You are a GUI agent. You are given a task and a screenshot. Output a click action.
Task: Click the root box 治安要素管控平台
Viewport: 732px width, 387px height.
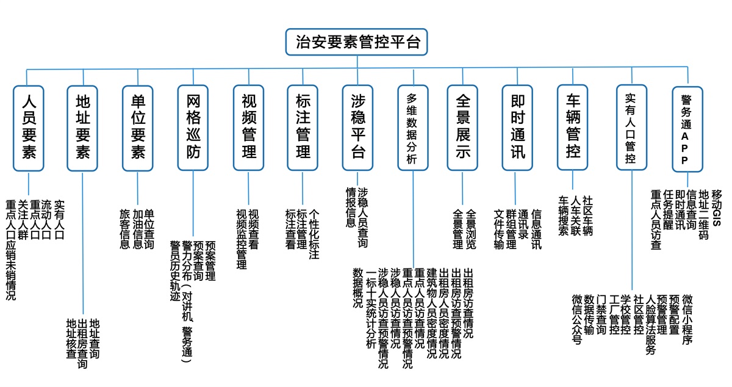tap(356, 42)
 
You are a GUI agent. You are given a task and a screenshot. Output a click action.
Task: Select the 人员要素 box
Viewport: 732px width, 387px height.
tap(29, 128)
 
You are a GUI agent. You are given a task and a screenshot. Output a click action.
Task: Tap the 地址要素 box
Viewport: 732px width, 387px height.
tap(82, 128)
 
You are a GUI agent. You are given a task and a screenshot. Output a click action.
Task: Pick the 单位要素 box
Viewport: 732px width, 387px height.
tap(138, 128)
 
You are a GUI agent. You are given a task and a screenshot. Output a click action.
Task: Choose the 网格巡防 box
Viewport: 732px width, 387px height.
tap(193, 128)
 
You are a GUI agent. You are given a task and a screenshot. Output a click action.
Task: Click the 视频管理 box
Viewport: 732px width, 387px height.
tap(248, 128)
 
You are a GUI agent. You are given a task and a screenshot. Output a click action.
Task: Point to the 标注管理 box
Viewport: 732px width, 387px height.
tap(303, 128)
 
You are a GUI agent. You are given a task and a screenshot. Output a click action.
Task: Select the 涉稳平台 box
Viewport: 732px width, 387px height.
tap(357, 128)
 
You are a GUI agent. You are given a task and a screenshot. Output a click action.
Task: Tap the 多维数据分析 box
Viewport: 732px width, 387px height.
tap(413, 128)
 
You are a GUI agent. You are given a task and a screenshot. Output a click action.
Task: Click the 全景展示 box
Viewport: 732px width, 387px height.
tap(462, 128)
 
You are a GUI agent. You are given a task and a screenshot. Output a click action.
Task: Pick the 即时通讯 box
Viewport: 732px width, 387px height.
tap(517, 128)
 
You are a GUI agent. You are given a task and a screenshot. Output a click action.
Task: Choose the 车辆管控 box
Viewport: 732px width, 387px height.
tap(573, 128)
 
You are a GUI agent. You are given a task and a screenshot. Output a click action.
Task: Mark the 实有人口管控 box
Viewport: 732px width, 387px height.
tap(632, 128)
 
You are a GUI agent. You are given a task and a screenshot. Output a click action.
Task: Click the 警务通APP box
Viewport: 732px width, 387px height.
tap(687, 129)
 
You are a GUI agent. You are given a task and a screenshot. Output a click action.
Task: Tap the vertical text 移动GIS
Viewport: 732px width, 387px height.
tap(717, 208)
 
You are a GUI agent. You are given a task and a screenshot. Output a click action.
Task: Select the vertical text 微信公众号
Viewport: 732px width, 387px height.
tap(577, 320)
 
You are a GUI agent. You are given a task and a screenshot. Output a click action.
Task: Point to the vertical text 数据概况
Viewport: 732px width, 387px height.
tap(358, 288)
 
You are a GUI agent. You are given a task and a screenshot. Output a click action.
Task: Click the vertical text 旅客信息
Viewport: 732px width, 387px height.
tap(125, 230)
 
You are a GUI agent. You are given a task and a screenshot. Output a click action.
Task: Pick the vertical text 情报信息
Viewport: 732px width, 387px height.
tap(351, 208)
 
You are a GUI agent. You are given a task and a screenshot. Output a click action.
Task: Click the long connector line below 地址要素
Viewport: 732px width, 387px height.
tap(83, 244)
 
